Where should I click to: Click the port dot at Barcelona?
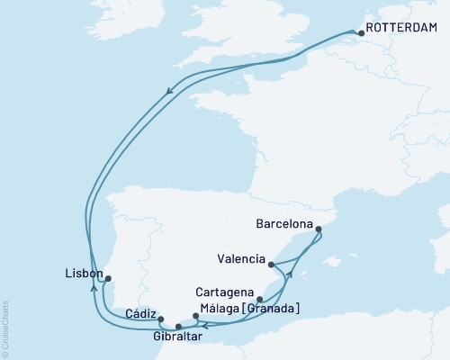[320, 230]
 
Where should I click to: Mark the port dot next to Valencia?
[271, 264]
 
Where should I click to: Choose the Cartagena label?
[225, 292]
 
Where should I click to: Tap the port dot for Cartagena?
[259, 300]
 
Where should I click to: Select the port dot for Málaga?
[195, 316]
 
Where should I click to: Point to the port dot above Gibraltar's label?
[178, 326]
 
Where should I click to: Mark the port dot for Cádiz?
[160, 319]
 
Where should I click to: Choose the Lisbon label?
[82, 272]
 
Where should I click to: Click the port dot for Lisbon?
[108, 279]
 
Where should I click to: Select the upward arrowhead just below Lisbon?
[94, 288]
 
